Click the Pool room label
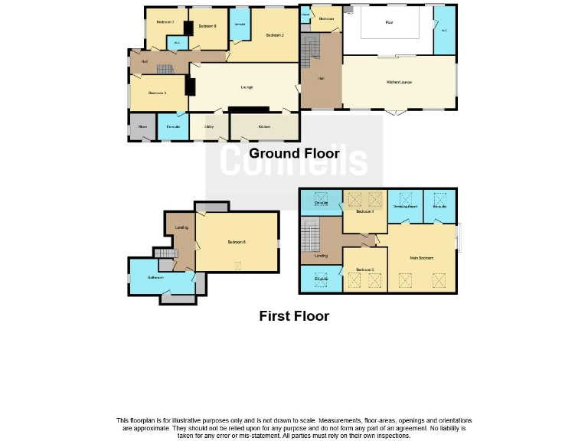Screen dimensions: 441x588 (388, 22)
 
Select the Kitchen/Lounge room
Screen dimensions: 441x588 (399, 82)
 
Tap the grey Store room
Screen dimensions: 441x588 (142, 126)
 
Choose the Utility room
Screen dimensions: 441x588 (208, 126)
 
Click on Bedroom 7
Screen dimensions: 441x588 (165, 22)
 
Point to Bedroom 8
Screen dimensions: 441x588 (207, 27)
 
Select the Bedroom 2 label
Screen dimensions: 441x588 (275, 35)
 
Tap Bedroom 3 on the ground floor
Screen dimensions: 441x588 (157, 93)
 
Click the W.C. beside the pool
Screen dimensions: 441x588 (445, 31)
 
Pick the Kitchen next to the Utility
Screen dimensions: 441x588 (263, 126)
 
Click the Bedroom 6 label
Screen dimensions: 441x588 (236, 243)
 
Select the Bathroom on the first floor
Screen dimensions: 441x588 (156, 277)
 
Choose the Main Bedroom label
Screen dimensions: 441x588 (422, 258)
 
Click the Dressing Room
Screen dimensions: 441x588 (404, 207)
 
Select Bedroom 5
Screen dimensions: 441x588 (364, 270)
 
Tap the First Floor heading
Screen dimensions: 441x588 (294, 315)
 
